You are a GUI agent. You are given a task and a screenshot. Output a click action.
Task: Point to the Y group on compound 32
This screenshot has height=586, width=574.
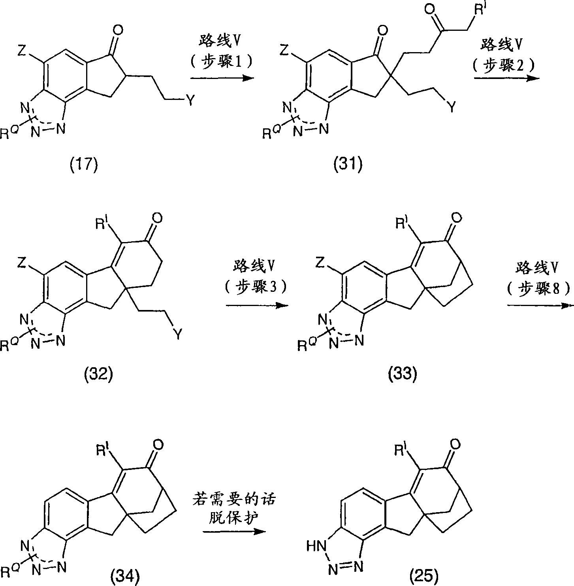pos(179,335)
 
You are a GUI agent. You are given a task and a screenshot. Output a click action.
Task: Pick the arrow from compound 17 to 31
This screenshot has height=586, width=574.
pos(222,78)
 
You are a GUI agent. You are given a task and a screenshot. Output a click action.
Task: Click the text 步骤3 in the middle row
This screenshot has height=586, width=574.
pos(257,287)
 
